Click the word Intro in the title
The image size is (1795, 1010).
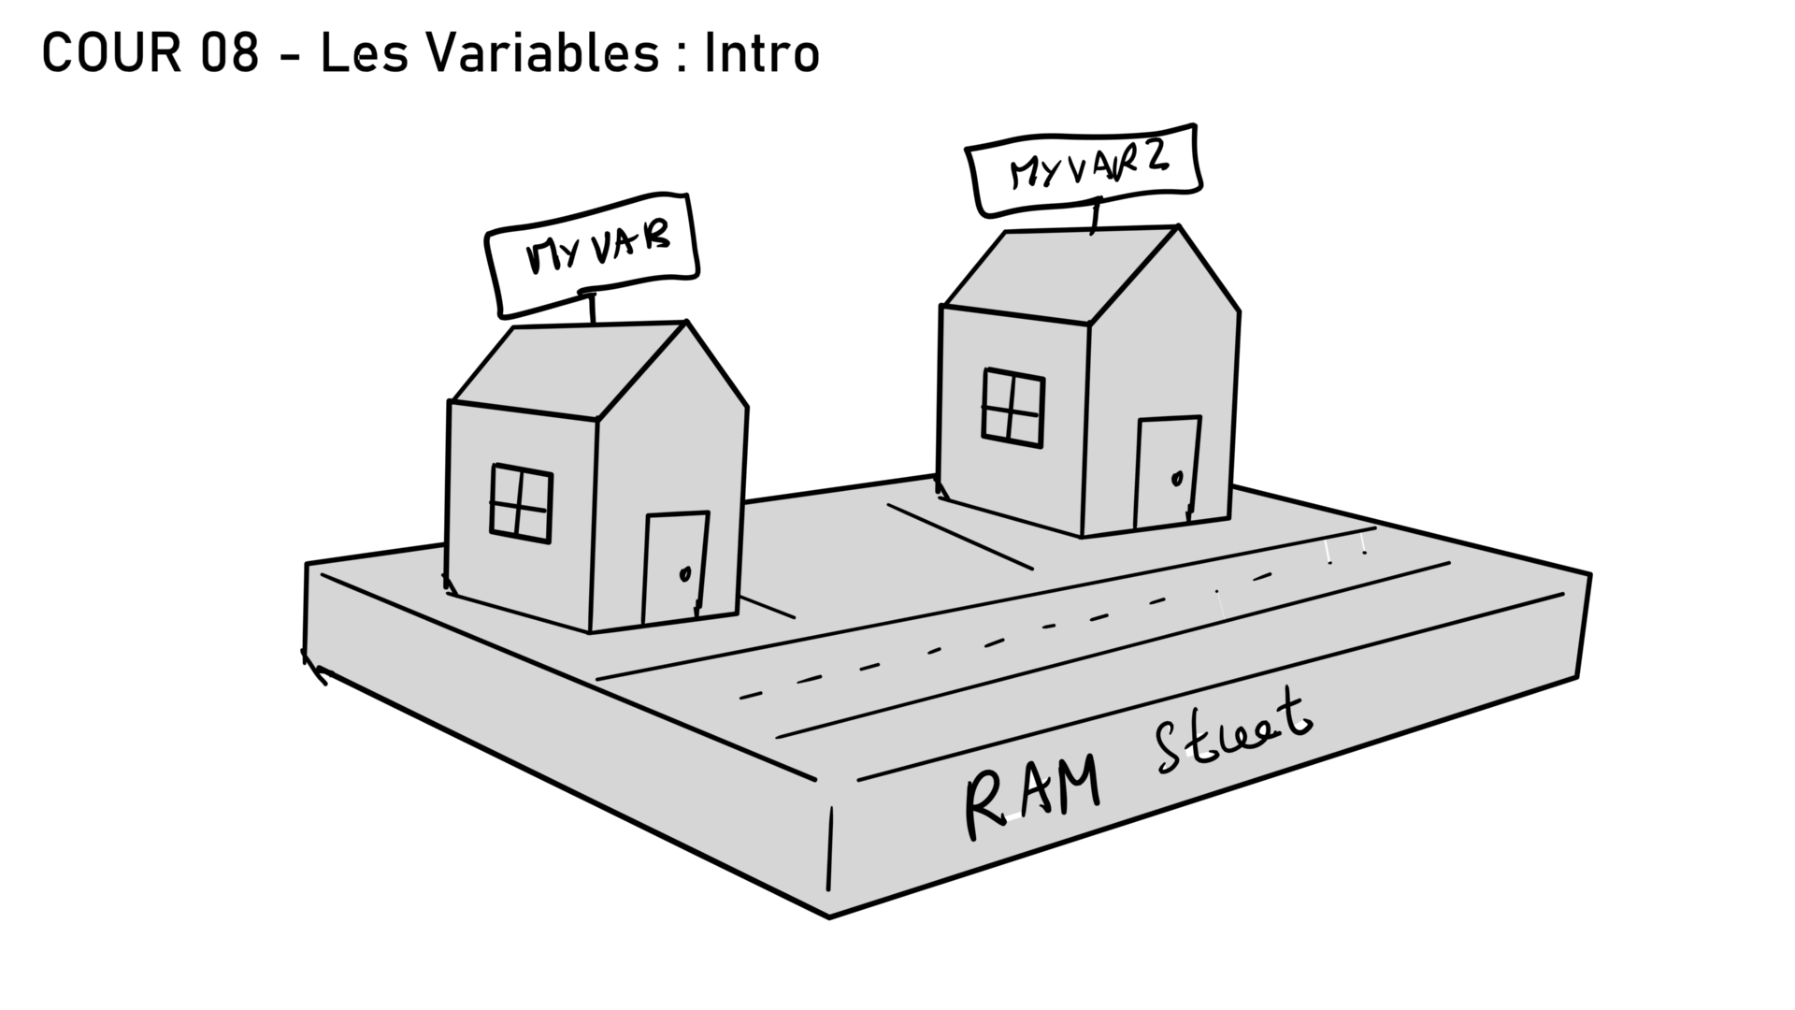(761, 54)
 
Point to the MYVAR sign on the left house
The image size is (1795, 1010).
(593, 253)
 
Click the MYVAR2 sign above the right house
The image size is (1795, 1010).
(1084, 171)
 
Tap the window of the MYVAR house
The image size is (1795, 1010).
(521, 503)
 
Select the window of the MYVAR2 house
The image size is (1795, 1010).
(1013, 408)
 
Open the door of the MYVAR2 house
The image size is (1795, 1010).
(1167, 473)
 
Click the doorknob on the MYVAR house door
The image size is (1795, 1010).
(686, 572)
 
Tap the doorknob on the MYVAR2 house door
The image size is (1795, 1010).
(1177, 479)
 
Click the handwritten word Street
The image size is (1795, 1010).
(1232, 735)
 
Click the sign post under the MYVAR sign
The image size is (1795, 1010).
(592, 309)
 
